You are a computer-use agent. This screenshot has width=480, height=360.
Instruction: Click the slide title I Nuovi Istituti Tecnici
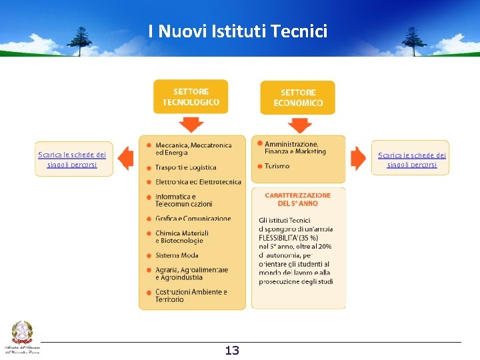tap(238, 31)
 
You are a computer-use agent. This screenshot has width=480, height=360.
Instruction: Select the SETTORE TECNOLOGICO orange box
tap(191, 97)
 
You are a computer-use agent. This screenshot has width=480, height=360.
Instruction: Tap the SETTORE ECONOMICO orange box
tap(297, 97)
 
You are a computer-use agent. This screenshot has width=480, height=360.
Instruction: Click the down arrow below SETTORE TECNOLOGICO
tap(191, 125)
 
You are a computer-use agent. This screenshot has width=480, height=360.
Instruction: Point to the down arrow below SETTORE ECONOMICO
tap(299, 125)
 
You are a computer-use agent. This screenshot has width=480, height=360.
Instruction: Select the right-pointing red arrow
tap(359, 158)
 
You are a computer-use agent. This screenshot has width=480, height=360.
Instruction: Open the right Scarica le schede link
tap(412, 160)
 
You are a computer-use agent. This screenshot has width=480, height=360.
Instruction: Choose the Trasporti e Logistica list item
tap(185, 167)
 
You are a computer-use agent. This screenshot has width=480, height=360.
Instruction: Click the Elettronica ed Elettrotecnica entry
tap(198, 181)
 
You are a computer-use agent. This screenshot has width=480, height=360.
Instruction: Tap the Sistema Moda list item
tap(177, 255)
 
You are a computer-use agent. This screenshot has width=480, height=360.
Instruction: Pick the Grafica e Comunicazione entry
tap(193, 219)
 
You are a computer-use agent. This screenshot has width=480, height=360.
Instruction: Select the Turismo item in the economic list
tap(277, 166)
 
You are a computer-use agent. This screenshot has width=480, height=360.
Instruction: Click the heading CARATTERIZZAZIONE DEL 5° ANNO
tap(297, 199)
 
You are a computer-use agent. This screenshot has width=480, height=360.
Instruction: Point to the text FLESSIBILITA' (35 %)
tap(288, 237)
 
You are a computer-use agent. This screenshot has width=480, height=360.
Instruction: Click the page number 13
tap(232, 351)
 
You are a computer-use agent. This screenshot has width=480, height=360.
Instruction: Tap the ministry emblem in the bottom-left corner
tap(22, 334)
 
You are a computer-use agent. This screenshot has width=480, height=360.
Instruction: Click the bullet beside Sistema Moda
tap(148, 255)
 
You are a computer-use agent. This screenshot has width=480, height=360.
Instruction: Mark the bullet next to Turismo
tap(258, 165)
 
